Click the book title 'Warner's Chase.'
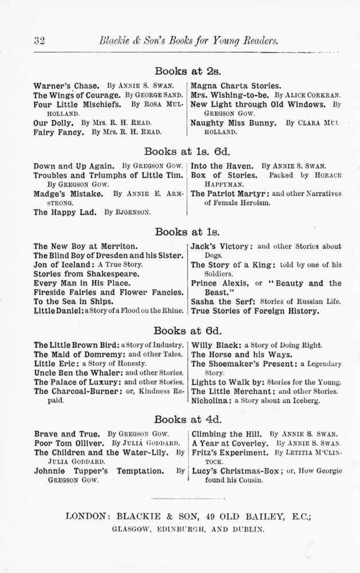pos(58,85)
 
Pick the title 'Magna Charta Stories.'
pos(236,85)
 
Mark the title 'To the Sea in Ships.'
pos(73,301)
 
